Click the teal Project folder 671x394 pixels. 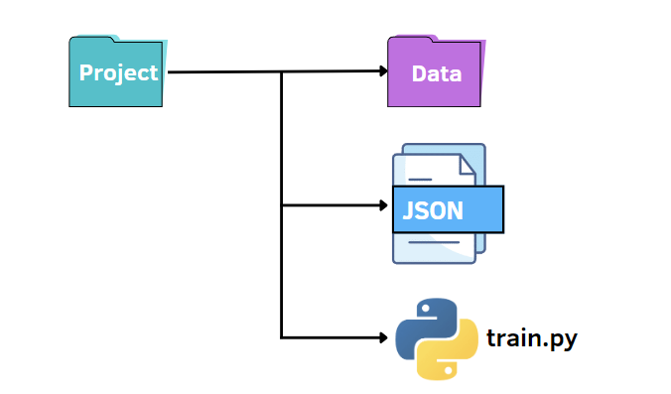click(x=118, y=71)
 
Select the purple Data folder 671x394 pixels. click(x=437, y=71)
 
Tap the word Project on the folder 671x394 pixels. click(x=118, y=73)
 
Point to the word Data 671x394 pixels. click(x=437, y=74)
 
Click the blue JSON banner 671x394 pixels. click(x=448, y=209)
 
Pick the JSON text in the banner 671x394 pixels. click(x=433, y=210)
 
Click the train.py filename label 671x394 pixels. click(x=532, y=338)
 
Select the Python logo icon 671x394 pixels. click(x=437, y=338)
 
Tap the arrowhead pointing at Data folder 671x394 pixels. click(x=383, y=71)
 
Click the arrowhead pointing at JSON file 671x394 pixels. click(x=383, y=205)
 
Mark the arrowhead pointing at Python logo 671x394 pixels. click(x=383, y=338)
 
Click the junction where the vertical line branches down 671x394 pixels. click(x=282, y=71)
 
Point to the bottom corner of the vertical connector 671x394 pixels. click(x=282, y=338)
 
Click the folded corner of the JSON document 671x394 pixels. click(x=467, y=165)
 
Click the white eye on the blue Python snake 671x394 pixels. click(x=426, y=308)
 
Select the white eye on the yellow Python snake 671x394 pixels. click(x=448, y=369)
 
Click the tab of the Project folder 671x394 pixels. click(x=92, y=39)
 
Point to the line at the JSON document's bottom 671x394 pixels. click(x=434, y=242)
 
